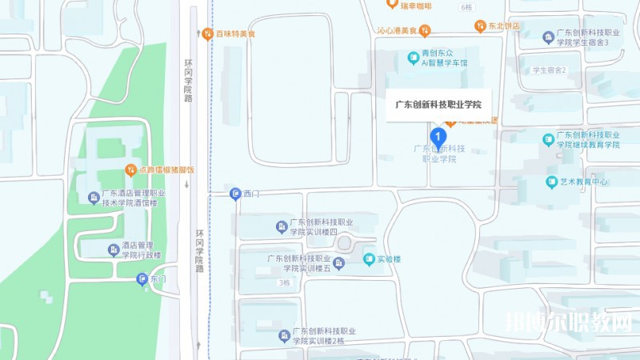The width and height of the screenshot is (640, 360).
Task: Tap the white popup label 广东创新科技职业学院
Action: tap(439, 104)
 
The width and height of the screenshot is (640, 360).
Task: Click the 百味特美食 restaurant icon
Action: tap(207, 34)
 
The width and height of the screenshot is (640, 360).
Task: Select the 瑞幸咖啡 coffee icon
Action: tap(391, 4)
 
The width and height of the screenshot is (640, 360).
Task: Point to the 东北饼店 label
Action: tap(505, 26)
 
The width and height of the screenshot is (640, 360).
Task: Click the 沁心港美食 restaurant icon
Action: tap(426, 31)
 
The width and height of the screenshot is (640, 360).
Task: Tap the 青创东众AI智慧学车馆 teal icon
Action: tap(414, 57)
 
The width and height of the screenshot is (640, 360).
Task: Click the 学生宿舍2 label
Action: tap(549, 70)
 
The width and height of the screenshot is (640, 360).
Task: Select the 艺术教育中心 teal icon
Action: tap(551, 182)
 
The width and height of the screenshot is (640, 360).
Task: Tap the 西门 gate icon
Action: tap(234, 194)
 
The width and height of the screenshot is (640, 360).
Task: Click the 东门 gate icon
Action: tap(142, 280)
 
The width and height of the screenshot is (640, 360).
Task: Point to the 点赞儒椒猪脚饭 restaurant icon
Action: tap(130, 170)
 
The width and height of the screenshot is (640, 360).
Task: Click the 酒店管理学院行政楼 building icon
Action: tap(113, 250)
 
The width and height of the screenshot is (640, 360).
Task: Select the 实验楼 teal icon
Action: tap(369, 259)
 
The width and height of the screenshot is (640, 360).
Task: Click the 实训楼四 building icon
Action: tap(281, 227)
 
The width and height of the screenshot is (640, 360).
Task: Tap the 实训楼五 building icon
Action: tap(339, 262)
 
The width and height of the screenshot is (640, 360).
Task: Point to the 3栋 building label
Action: tap(284, 283)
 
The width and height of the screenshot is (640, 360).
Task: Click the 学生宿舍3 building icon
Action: tap(548, 37)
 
